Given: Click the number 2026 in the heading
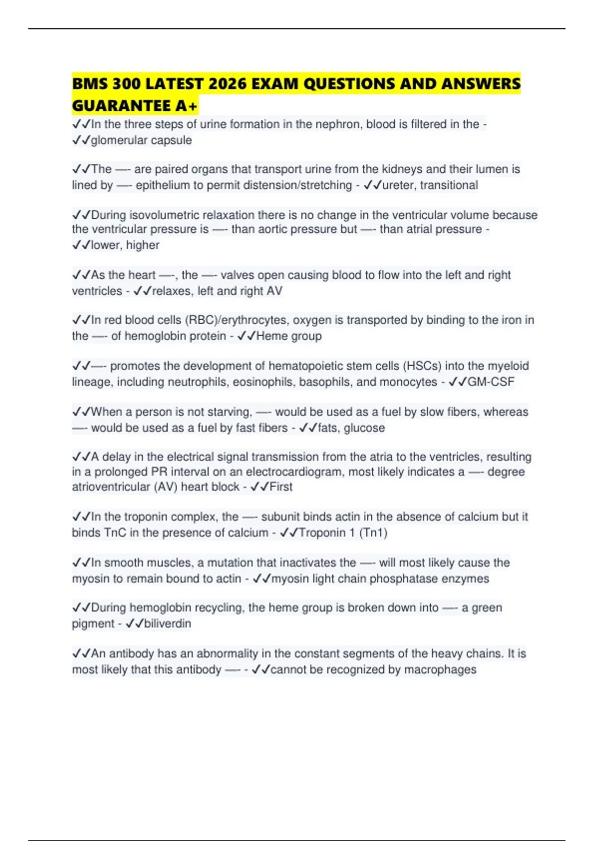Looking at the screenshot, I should pyautogui.click(x=228, y=84).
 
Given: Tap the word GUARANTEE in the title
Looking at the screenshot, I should pyautogui.click(x=121, y=105).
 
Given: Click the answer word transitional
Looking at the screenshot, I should pyautogui.click(x=449, y=185).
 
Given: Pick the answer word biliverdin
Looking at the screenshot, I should pyautogui.click(x=167, y=623).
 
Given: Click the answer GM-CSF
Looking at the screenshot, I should pyautogui.click(x=491, y=381).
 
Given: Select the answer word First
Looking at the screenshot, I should pyautogui.click(x=281, y=487).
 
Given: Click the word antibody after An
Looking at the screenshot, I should pyautogui.click(x=131, y=653).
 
